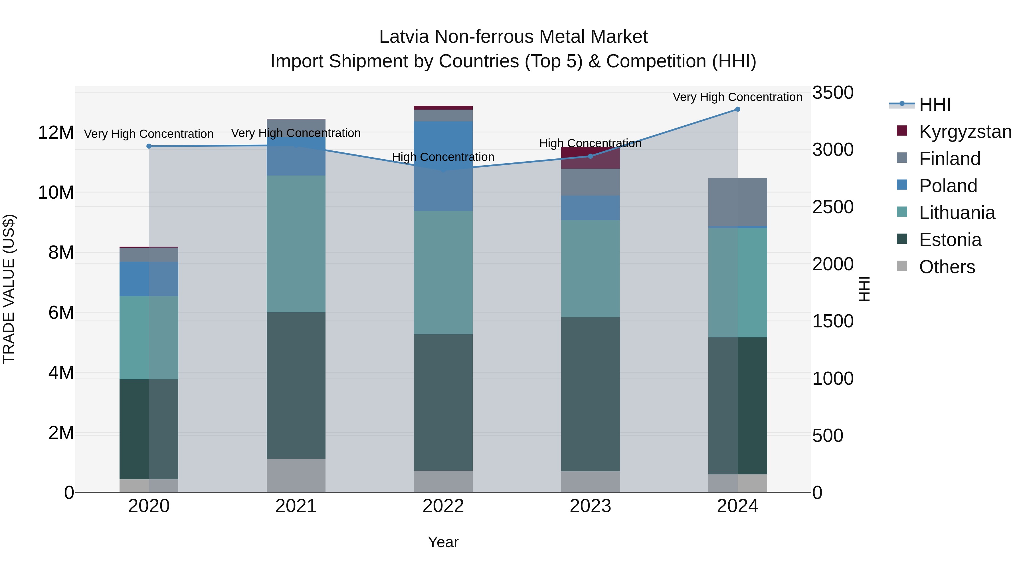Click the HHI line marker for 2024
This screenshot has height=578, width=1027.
point(737,109)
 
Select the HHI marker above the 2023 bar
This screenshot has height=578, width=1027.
point(591,156)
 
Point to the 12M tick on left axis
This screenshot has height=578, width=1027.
point(56,132)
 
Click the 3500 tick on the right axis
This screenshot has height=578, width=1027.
point(833,92)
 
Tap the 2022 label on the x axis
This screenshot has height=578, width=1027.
point(443,506)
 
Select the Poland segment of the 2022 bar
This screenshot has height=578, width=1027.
point(443,166)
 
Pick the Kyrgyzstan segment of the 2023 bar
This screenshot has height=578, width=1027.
point(591,158)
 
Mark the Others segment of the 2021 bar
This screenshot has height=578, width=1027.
point(296,476)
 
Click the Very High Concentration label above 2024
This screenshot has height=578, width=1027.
point(737,97)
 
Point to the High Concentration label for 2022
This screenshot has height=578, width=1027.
point(443,157)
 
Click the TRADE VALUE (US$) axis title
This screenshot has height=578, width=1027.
point(9,289)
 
